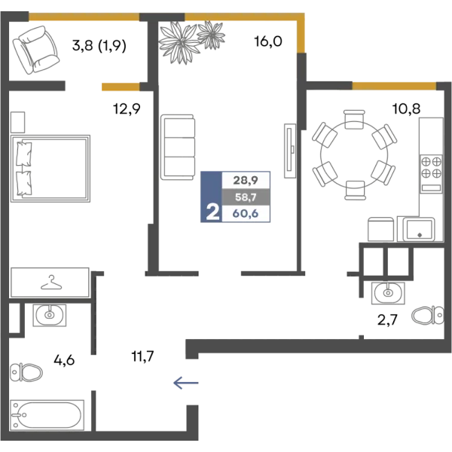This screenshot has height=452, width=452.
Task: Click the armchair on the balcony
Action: (35, 50)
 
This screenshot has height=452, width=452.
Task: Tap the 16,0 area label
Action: (268, 41)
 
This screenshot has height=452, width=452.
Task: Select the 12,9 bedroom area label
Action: (127, 109)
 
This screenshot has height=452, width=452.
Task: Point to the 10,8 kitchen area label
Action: (406, 108)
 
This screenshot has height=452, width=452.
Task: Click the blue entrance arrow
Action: (186, 383)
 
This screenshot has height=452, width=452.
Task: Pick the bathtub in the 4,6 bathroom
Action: (47, 415)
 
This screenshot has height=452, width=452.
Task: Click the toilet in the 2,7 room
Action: (428, 315)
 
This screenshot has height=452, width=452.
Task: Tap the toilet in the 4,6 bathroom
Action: (26, 372)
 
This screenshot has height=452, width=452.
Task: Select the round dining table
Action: (354, 154)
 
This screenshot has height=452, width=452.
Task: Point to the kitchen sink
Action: (419, 229)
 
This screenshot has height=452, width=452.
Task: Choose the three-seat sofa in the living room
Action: (178, 147)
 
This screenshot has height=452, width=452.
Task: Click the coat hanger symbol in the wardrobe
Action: (51, 282)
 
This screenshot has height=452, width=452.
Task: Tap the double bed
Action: (50, 168)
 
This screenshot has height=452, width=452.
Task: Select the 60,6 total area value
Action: (246, 214)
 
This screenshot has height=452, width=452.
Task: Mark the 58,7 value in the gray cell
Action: (246, 197)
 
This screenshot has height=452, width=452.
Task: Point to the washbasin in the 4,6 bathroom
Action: (50, 316)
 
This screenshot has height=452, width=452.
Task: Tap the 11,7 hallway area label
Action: (142, 356)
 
